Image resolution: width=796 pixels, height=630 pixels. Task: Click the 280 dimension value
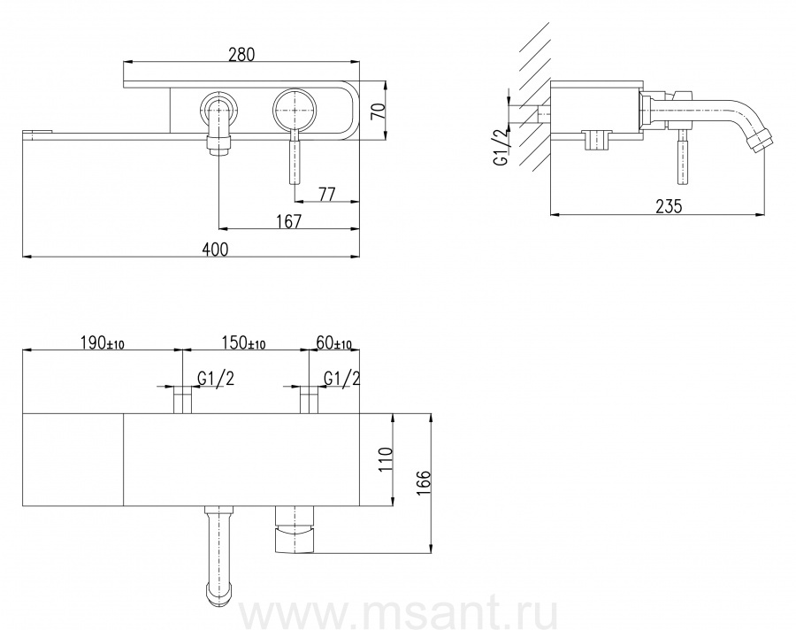point(241,54)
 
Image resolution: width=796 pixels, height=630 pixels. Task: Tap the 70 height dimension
point(379,111)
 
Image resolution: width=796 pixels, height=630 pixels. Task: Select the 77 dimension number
point(327,194)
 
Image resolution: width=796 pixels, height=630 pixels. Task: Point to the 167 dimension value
point(289,221)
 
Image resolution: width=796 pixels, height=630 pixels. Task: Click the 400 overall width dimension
point(215,249)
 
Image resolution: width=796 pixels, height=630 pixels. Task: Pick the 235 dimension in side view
point(670,206)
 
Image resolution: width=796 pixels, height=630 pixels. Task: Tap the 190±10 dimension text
point(102,343)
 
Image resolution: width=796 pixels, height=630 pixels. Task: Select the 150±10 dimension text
point(244,343)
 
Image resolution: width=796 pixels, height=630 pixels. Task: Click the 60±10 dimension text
point(333,343)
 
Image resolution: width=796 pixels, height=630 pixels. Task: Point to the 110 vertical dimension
point(386,459)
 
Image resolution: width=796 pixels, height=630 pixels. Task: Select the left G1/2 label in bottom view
point(216,378)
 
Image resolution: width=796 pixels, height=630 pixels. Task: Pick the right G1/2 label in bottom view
point(342,378)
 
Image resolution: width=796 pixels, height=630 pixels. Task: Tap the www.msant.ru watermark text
point(398,614)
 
